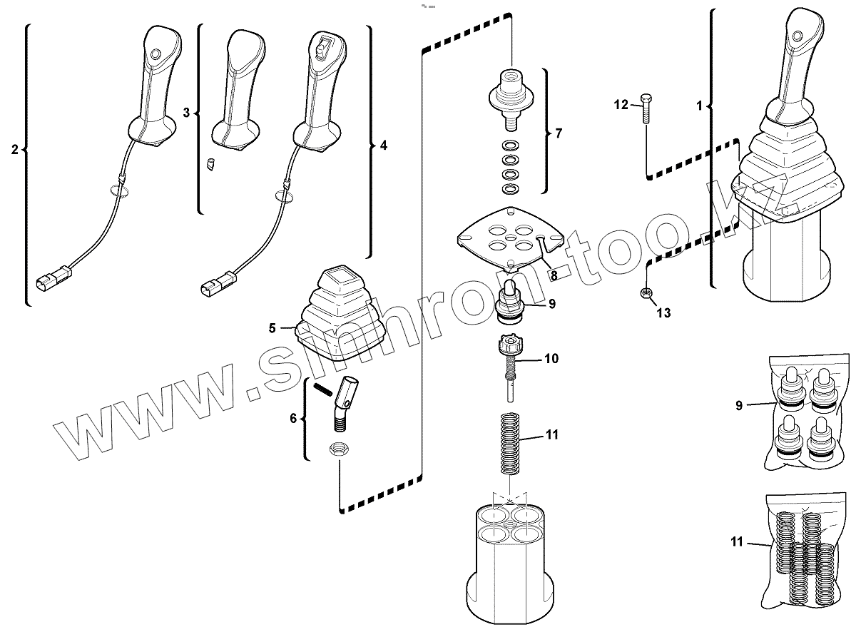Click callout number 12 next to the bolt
621,106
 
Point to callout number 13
663,312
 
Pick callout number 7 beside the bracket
558,133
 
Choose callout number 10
551,359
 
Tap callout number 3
187,113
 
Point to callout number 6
293,419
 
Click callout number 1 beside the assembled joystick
700,106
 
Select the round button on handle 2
156,54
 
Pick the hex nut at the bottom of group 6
340,449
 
